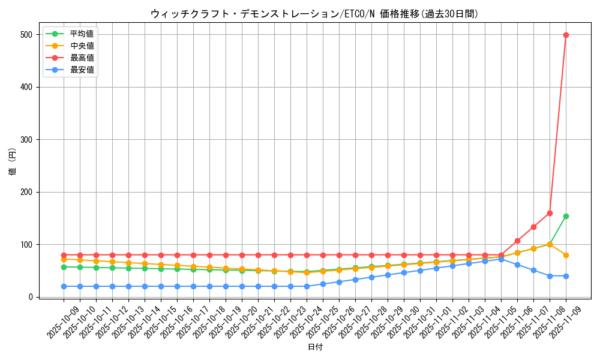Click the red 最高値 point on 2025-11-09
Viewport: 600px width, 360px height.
pyautogui.click(x=566, y=35)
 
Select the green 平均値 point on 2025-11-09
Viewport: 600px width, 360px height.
pyautogui.click(x=566, y=216)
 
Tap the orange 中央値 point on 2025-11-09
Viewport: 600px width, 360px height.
pyautogui.click(x=566, y=255)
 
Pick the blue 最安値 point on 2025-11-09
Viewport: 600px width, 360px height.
pyautogui.click(x=566, y=276)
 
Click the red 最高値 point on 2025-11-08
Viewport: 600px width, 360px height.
pyautogui.click(x=550, y=213)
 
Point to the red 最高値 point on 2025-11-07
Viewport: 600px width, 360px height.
pyautogui.click(x=533, y=227)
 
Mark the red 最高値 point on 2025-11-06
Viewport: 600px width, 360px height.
pyautogui.click(x=517, y=241)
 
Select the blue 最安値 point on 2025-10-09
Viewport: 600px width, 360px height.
pyautogui.click(x=64, y=286)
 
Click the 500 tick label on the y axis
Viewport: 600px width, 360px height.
pyautogui.click(x=25, y=35)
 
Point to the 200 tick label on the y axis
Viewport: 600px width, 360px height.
pyautogui.click(x=25, y=192)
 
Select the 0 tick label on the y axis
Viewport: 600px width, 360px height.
pyautogui.click(x=29, y=297)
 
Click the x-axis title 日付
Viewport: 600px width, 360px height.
pyautogui.click(x=315, y=347)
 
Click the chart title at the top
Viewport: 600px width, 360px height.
pyautogui.click(x=315, y=14)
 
